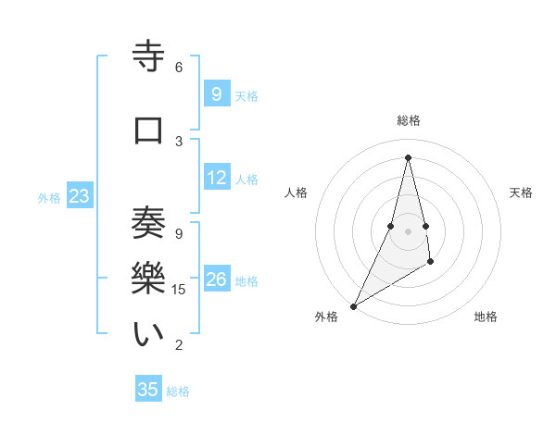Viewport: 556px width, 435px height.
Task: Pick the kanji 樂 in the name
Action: tap(148, 279)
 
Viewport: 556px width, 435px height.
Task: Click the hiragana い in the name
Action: tap(148, 334)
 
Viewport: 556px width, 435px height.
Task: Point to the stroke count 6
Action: tap(178, 67)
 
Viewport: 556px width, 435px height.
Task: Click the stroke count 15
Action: tap(181, 290)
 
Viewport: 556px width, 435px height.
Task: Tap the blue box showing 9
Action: tap(216, 93)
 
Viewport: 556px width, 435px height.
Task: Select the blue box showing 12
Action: tap(217, 178)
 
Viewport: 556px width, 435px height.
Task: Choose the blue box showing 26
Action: tap(217, 280)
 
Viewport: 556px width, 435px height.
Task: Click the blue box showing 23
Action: tap(79, 196)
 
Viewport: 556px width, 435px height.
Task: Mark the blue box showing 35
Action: tap(148, 390)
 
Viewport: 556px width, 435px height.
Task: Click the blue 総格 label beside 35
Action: tap(178, 391)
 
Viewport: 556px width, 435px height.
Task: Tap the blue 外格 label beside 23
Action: tap(49, 197)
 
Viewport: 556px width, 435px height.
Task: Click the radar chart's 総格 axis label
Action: tap(408, 120)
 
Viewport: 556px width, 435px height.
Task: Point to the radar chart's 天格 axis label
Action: tap(521, 193)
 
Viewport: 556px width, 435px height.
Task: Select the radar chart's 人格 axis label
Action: tap(296, 193)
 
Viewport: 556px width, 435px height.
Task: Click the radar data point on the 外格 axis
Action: tap(353, 305)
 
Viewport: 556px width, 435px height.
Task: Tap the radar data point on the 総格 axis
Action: tap(408, 156)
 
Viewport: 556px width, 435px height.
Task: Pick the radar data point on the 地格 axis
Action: tap(431, 264)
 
